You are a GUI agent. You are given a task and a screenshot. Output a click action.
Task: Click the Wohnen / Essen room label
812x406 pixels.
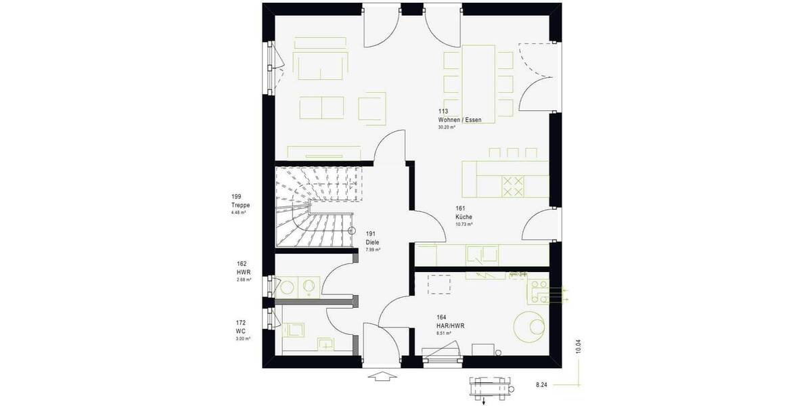click(459, 120)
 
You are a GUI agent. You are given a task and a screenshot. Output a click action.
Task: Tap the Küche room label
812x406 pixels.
click(464, 217)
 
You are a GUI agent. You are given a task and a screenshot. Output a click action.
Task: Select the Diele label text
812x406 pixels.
click(372, 242)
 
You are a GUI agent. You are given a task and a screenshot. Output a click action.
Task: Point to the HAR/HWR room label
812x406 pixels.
click(450, 325)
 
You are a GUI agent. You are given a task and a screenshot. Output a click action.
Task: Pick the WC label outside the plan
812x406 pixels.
click(240, 331)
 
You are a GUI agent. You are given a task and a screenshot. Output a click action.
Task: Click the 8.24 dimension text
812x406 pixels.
click(541, 384)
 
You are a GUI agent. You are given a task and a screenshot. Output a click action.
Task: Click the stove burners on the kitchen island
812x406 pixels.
click(512, 185)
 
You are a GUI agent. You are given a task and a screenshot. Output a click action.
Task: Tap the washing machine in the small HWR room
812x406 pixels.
click(309, 286)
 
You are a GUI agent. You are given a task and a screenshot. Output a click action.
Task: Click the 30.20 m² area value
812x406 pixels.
click(447, 127)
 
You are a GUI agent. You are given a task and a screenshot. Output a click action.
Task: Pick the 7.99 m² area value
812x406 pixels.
click(373, 250)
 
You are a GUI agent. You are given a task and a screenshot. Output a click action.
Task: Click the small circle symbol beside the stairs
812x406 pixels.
click(351, 231)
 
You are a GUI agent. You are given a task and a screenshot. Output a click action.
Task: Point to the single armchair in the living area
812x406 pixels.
click(371, 108)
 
